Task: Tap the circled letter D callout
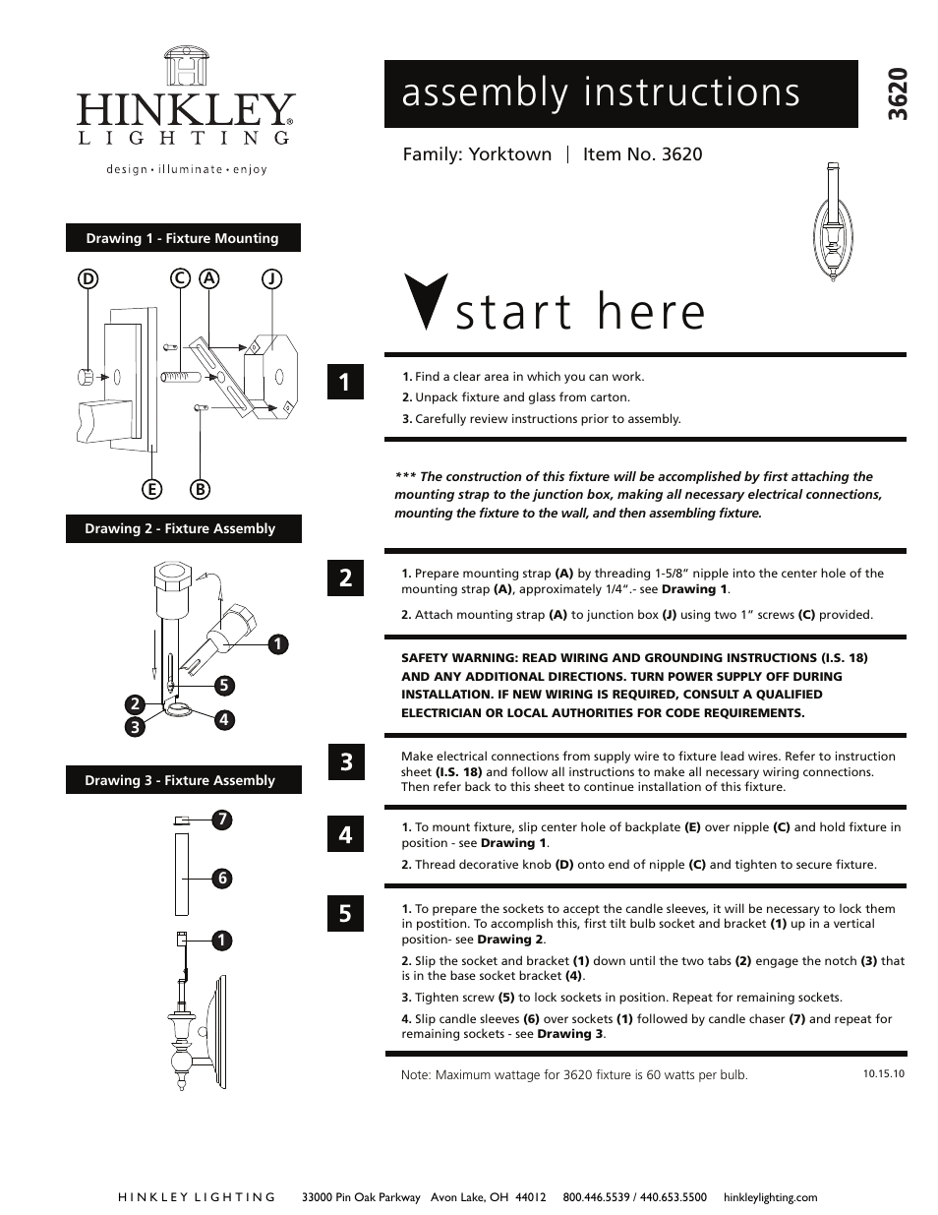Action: click(88, 278)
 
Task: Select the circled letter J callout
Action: click(271, 278)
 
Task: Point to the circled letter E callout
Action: click(152, 489)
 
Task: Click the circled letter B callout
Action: click(201, 489)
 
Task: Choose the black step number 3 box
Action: click(345, 761)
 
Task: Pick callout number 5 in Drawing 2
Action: click(224, 685)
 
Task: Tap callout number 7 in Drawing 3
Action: click(223, 819)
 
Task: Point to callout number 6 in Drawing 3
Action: click(223, 879)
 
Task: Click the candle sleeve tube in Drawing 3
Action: click(181, 874)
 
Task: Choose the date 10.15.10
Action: click(883, 1073)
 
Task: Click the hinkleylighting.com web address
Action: click(770, 1197)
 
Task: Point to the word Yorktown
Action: click(509, 154)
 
